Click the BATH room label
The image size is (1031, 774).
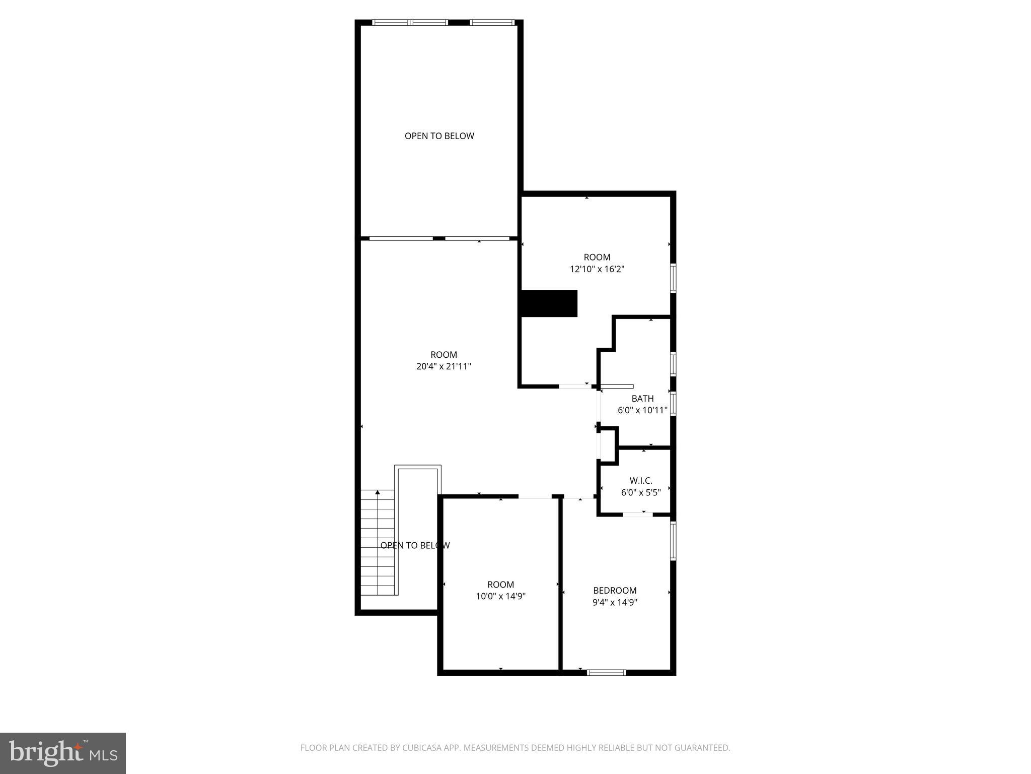coord(642,399)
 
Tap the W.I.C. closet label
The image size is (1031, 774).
coord(641,481)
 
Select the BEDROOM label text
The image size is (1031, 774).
coord(615,590)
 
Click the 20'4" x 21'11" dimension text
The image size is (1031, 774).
coord(444,366)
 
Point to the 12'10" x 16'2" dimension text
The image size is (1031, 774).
coord(597,269)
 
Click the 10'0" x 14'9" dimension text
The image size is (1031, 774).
coord(500,596)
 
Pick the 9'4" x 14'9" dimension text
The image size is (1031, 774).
coord(615,602)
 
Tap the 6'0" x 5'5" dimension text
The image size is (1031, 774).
coord(641,493)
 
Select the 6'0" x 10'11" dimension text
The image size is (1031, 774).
coord(642,410)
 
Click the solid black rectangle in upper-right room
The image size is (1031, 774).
coord(549,303)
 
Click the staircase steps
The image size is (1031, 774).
coord(378,544)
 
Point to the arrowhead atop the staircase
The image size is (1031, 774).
coord(378,492)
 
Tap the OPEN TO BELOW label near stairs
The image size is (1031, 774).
coord(415,545)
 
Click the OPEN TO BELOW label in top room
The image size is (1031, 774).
coord(439,136)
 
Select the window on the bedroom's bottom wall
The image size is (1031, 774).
coord(607,672)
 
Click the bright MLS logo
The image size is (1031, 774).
coord(62,753)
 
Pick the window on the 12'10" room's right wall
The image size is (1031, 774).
coord(673,277)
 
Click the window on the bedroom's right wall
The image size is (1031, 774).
coord(673,541)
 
